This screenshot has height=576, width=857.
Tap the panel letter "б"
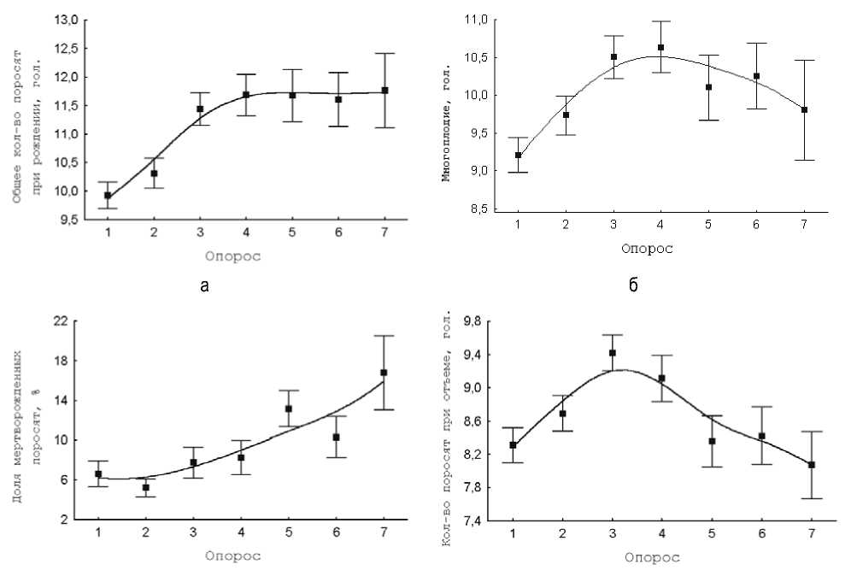pyautogui.click(x=633, y=285)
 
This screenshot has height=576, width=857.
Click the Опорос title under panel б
pyautogui.click(x=647, y=249)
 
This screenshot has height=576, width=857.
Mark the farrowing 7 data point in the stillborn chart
pyautogui.click(x=384, y=373)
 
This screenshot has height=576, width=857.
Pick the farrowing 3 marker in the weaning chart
pyautogui.click(x=613, y=353)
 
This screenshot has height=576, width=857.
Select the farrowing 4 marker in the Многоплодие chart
pyautogui.click(x=661, y=48)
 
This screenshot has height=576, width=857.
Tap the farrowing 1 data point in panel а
pyautogui.click(x=108, y=196)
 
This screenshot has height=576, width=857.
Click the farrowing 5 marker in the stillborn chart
pyautogui.click(x=289, y=408)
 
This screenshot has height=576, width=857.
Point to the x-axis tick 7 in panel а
pyautogui.click(x=384, y=232)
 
